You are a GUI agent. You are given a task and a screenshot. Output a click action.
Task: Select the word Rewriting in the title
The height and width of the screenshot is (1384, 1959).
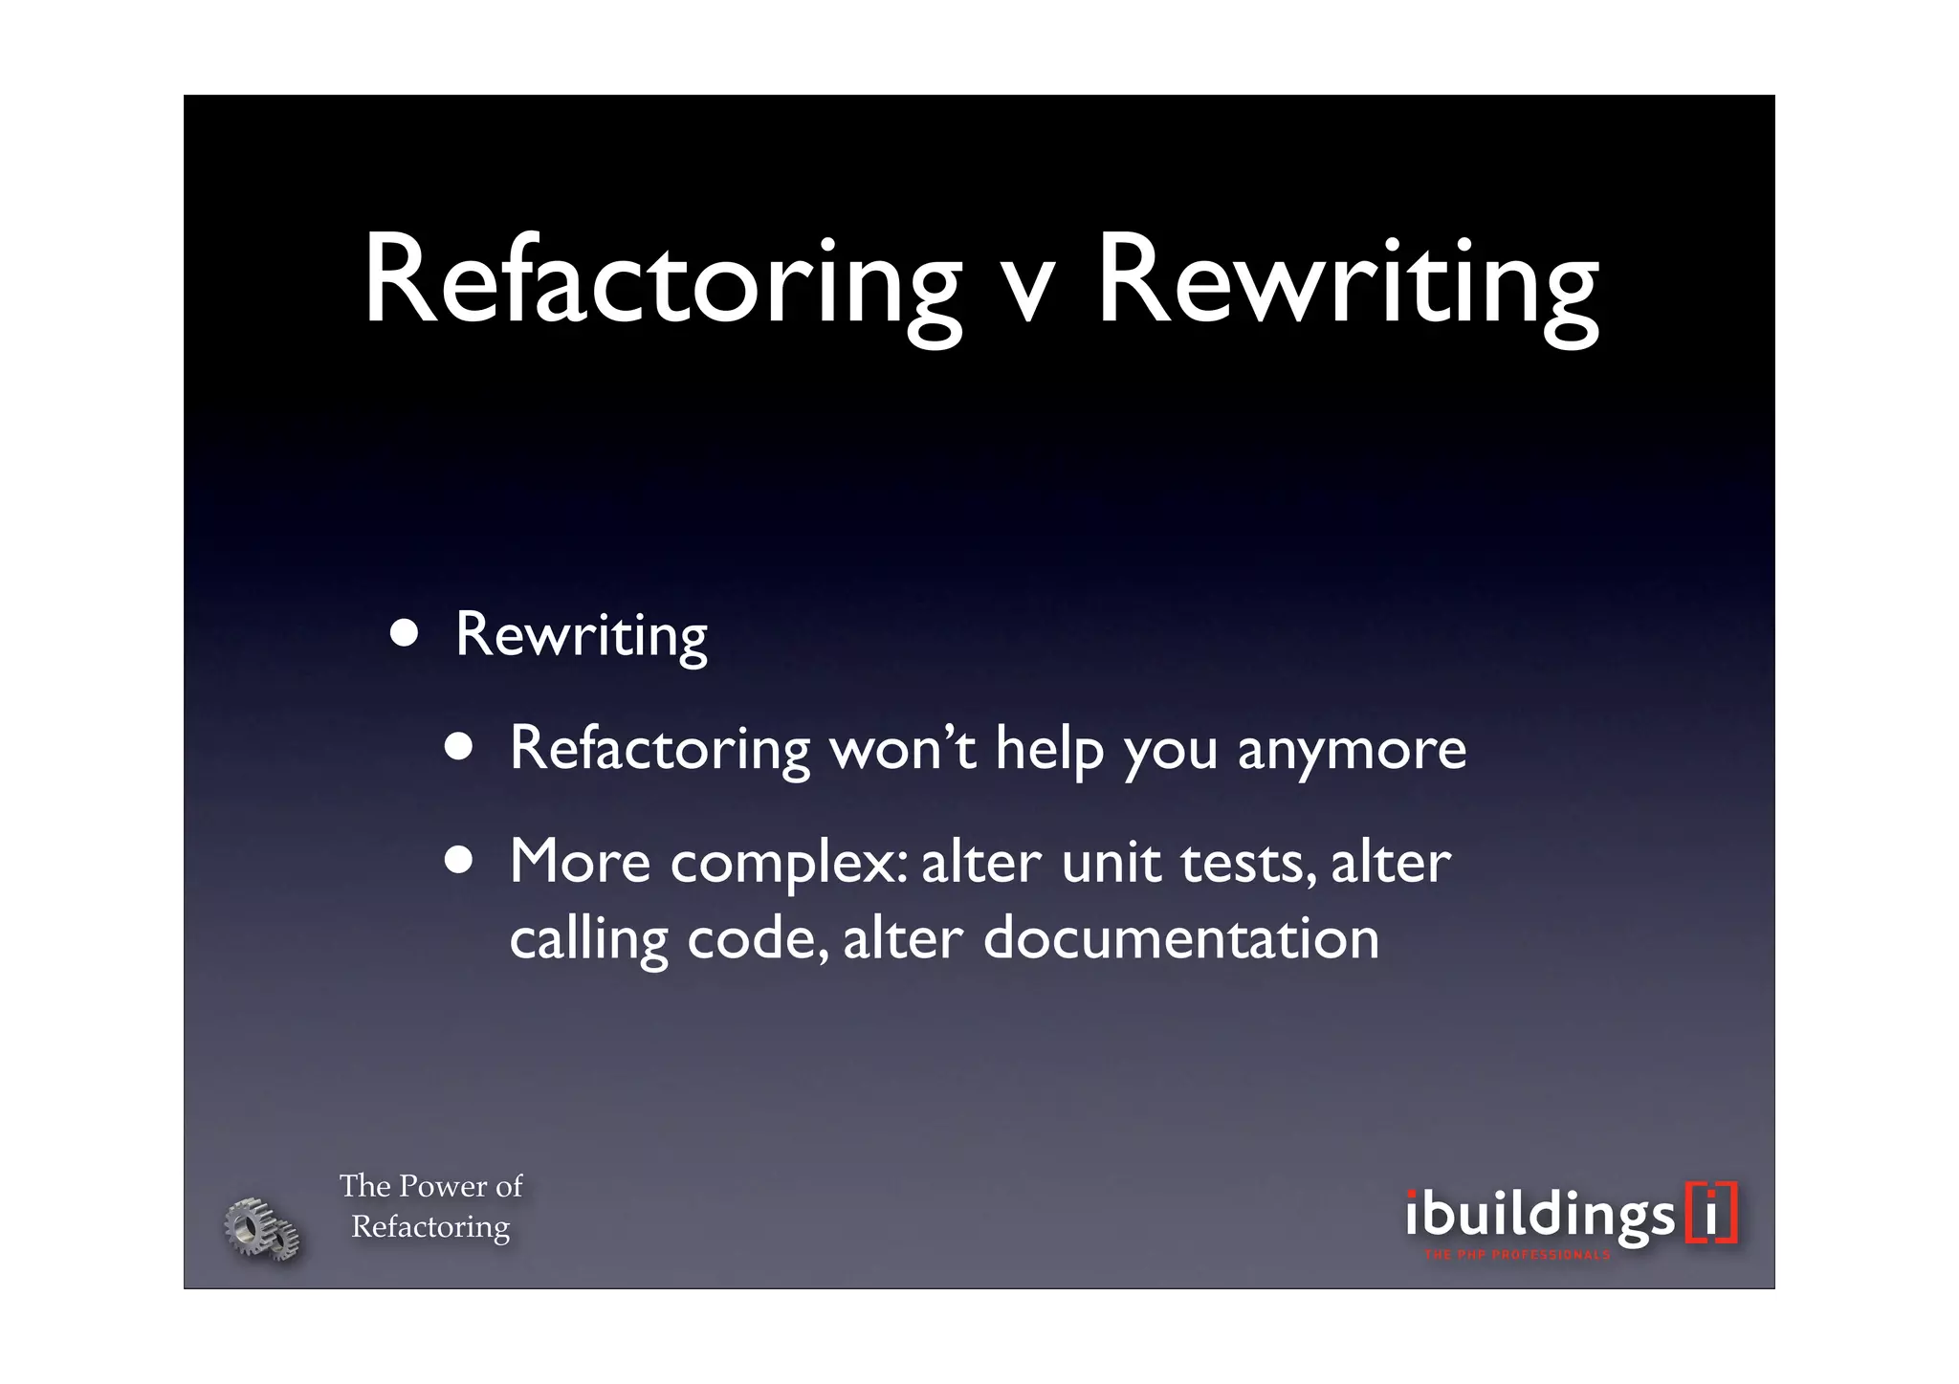point(1347,284)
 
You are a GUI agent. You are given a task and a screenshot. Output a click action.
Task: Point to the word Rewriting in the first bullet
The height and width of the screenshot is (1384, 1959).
point(581,635)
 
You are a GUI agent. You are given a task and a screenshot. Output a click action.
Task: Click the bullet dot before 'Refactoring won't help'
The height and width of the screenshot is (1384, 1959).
point(459,749)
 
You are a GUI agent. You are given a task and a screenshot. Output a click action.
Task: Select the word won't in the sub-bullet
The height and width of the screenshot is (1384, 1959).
point(902,748)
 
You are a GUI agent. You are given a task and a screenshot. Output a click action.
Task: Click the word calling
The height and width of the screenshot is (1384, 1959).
point(588,940)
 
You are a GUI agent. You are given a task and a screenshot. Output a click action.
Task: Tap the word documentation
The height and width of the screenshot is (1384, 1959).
point(1181,938)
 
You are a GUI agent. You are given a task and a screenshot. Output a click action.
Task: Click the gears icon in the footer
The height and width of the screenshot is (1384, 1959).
point(261,1228)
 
